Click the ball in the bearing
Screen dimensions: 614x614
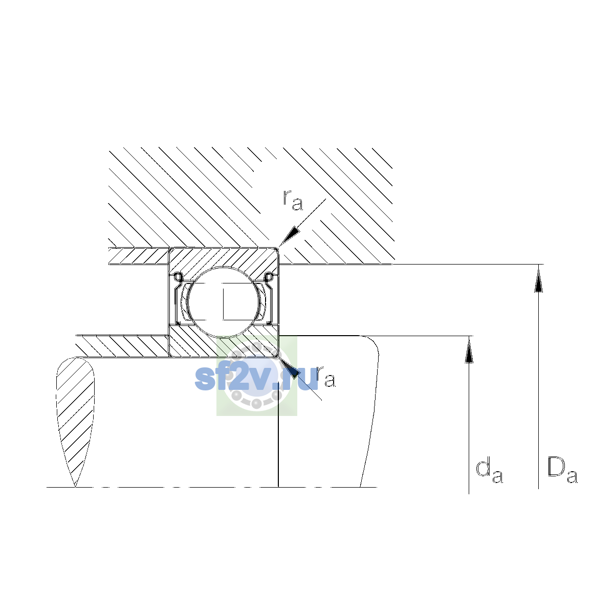[x=224, y=302]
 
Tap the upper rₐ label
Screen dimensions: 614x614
[x=293, y=201]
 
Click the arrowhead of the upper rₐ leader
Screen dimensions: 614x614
[x=289, y=237]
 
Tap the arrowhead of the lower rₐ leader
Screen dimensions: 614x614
[x=289, y=367]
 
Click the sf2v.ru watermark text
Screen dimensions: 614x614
[x=256, y=378]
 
